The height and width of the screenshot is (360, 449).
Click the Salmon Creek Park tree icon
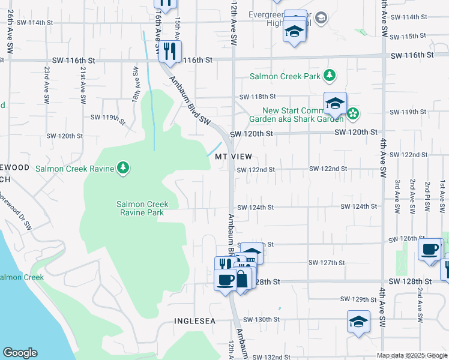point(329,76)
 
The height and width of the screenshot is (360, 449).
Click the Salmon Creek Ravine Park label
point(142,209)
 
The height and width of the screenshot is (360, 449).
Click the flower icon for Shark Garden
point(354,113)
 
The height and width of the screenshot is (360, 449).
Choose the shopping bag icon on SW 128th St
point(241,280)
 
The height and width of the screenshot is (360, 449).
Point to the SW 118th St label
point(258,97)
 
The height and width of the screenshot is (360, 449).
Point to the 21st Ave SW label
point(82,83)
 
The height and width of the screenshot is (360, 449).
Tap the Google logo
point(20,353)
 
